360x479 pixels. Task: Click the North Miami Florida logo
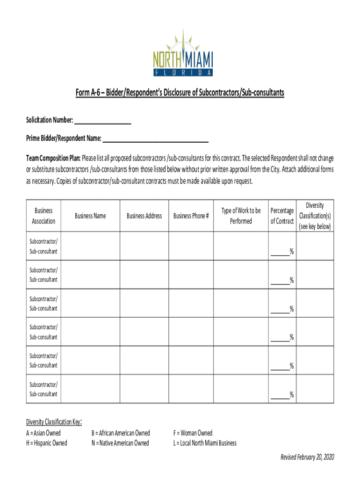(x=183, y=53)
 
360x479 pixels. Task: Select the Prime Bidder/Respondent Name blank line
(x=155, y=139)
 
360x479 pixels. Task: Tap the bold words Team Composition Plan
(x=53, y=158)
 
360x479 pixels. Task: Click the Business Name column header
(x=90, y=216)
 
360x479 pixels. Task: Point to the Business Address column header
(x=144, y=216)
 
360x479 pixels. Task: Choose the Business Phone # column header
(x=191, y=216)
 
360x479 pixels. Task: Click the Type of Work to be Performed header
(x=241, y=216)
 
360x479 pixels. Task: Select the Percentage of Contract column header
(x=282, y=216)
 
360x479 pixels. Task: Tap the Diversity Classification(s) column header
(x=315, y=216)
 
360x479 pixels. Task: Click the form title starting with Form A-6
(x=180, y=93)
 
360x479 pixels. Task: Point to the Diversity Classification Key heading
(x=54, y=422)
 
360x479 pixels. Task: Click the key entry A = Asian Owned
(x=43, y=433)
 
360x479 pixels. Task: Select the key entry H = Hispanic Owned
(x=47, y=443)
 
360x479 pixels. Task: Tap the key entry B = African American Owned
(x=121, y=433)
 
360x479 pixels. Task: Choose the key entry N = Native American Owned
(x=120, y=443)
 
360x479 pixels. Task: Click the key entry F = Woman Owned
(x=193, y=433)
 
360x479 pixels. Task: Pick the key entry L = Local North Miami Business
(x=205, y=443)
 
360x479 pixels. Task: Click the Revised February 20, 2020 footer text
(x=307, y=457)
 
